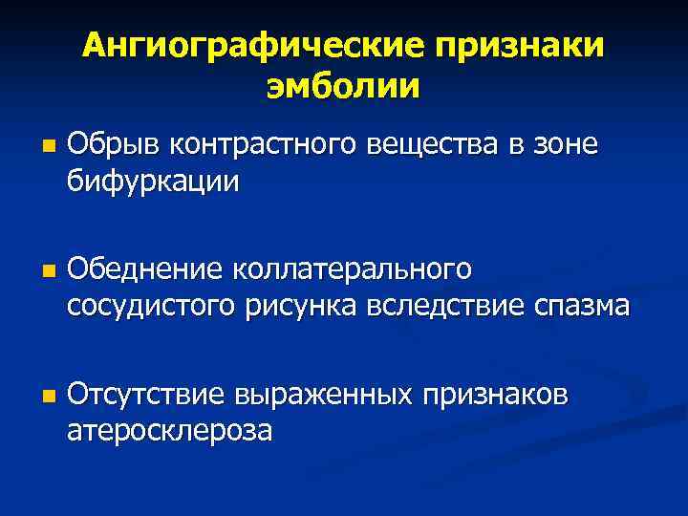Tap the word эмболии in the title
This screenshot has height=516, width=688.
tap(343, 86)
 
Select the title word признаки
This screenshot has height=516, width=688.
tap(521, 45)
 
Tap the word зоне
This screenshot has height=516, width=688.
tap(566, 145)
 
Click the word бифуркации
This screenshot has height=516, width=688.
tap(153, 179)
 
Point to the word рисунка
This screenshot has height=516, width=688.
tap(306, 306)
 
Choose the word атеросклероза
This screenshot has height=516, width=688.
tap(169, 431)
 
